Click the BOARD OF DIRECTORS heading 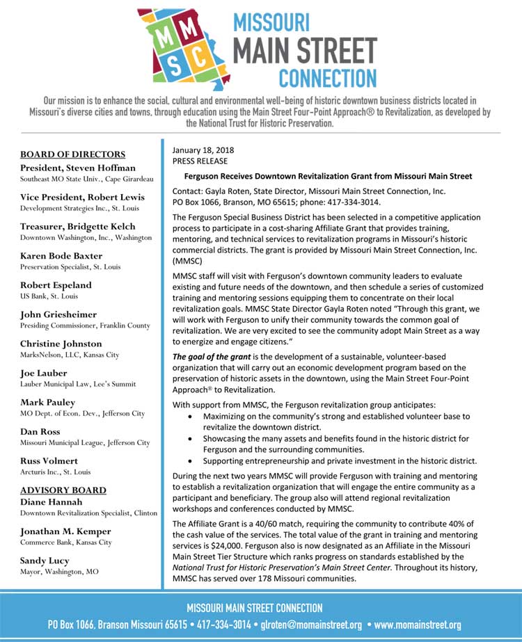coord(73,154)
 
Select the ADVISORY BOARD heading coord(63,490)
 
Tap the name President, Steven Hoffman coord(78,167)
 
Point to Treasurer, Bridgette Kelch coord(78,226)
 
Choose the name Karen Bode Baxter coord(61,255)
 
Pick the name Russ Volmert coord(49,460)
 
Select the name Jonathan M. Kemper coord(66,531)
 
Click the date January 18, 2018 coord(203,150)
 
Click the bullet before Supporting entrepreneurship coord(191,460)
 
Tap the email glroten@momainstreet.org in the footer coord(310,625)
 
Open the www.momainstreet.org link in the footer coord(418,625)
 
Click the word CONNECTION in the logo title coord(327,77)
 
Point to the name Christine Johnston coord(61,344)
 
